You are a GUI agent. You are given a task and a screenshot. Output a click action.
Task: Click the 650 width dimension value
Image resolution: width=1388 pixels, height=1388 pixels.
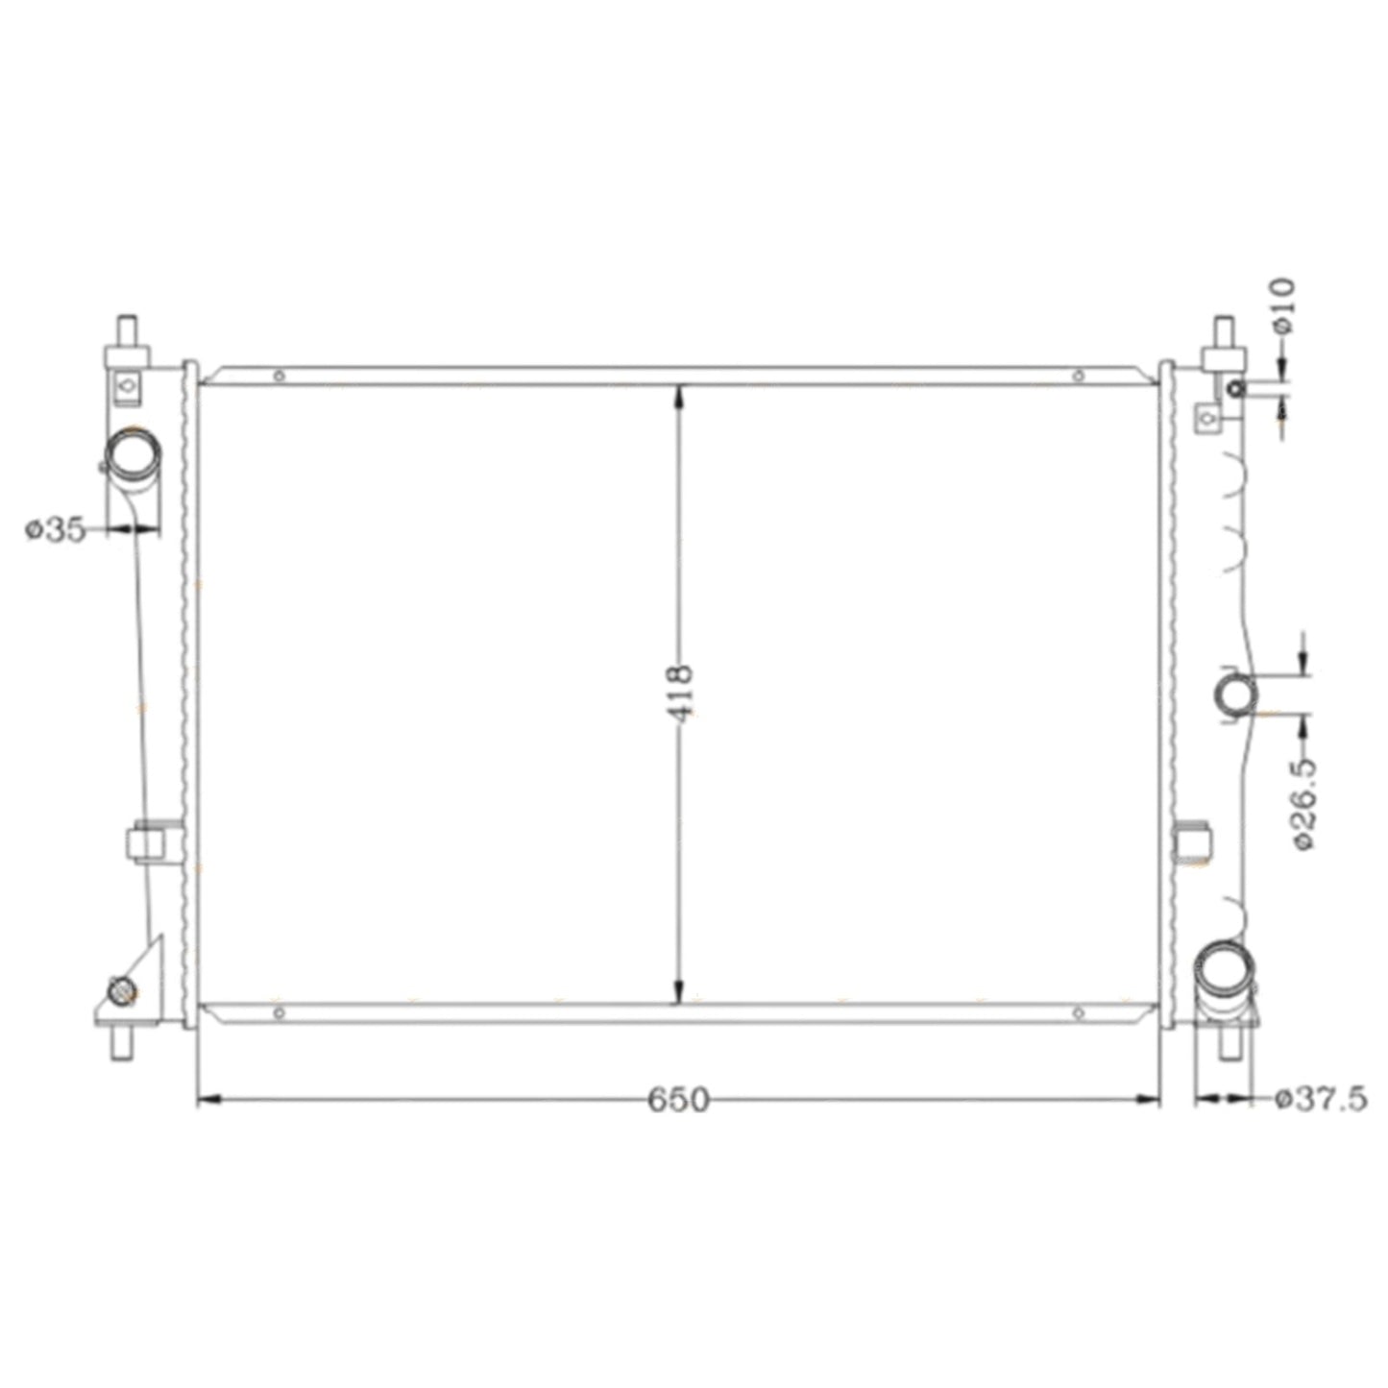pyautogui.click(x=678, y=1100)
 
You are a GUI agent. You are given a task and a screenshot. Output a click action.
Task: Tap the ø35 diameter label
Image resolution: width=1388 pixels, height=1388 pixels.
pyautogui.click(x=56, y=530)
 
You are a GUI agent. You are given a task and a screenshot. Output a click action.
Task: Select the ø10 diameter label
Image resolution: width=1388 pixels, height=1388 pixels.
pyautogui.click(x=1283, y=306)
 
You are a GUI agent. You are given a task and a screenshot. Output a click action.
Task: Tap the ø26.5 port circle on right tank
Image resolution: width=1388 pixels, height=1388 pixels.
pyautogui.click(x=1237, y=694)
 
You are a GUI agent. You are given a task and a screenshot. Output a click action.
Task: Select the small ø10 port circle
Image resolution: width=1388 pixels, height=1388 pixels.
pyautogui.click(x=1236, y=390)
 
